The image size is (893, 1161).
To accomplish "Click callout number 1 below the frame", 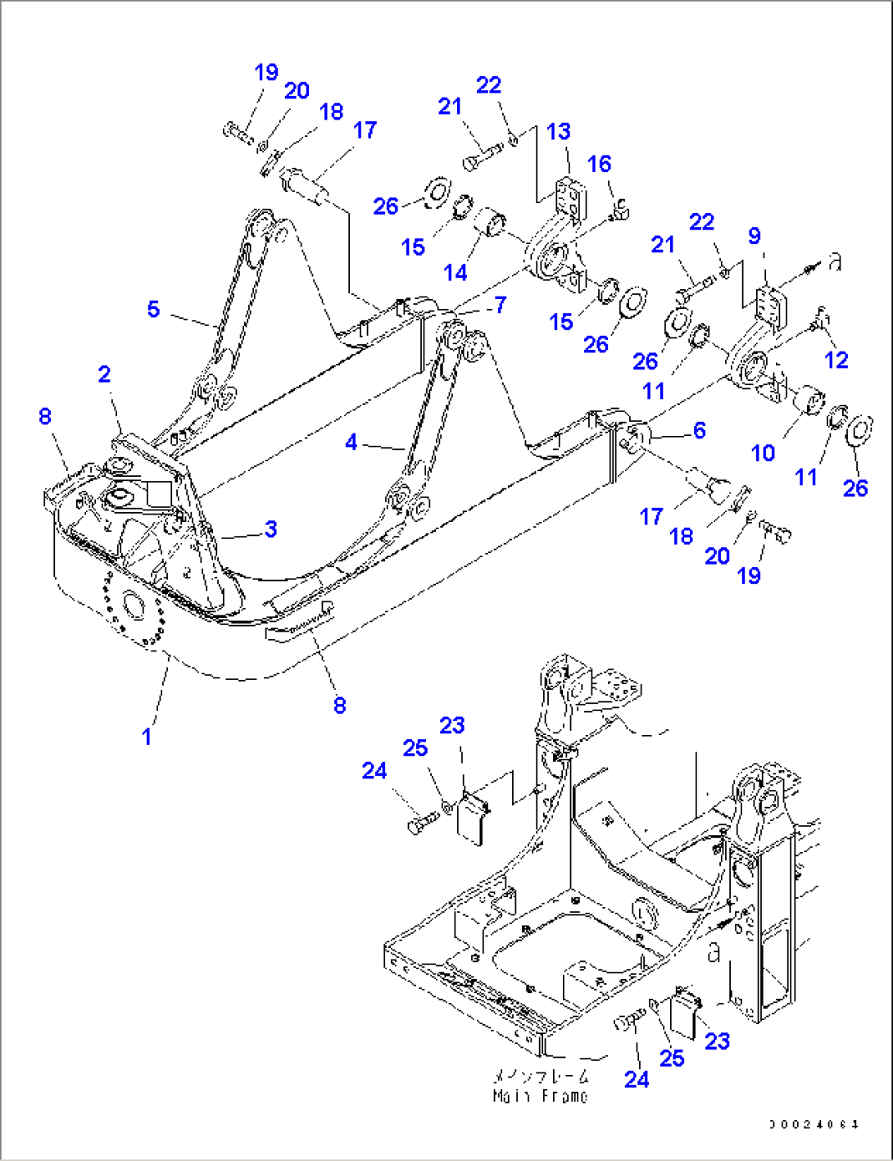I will pos(147,737).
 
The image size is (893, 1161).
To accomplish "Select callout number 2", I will pos(104,374).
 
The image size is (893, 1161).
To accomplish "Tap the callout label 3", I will pos(270,528).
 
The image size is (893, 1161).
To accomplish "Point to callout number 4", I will pos(351,442).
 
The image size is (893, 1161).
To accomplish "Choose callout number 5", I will pos(153,310).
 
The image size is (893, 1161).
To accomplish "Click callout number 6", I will pos(699,430).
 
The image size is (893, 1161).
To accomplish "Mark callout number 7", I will pos(500,305).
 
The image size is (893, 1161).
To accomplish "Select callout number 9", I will pos(754,236).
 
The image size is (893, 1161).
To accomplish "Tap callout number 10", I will pos(763,452).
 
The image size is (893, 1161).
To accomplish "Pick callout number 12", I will pos(836,359).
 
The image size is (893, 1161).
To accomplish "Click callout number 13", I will pos(559,132).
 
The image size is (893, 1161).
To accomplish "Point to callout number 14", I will pos(456,270).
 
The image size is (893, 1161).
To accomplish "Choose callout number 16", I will pos(599,164).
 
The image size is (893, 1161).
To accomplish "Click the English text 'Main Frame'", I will pos(540,1096).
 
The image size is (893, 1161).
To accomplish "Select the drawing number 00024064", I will pos(814,1125).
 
